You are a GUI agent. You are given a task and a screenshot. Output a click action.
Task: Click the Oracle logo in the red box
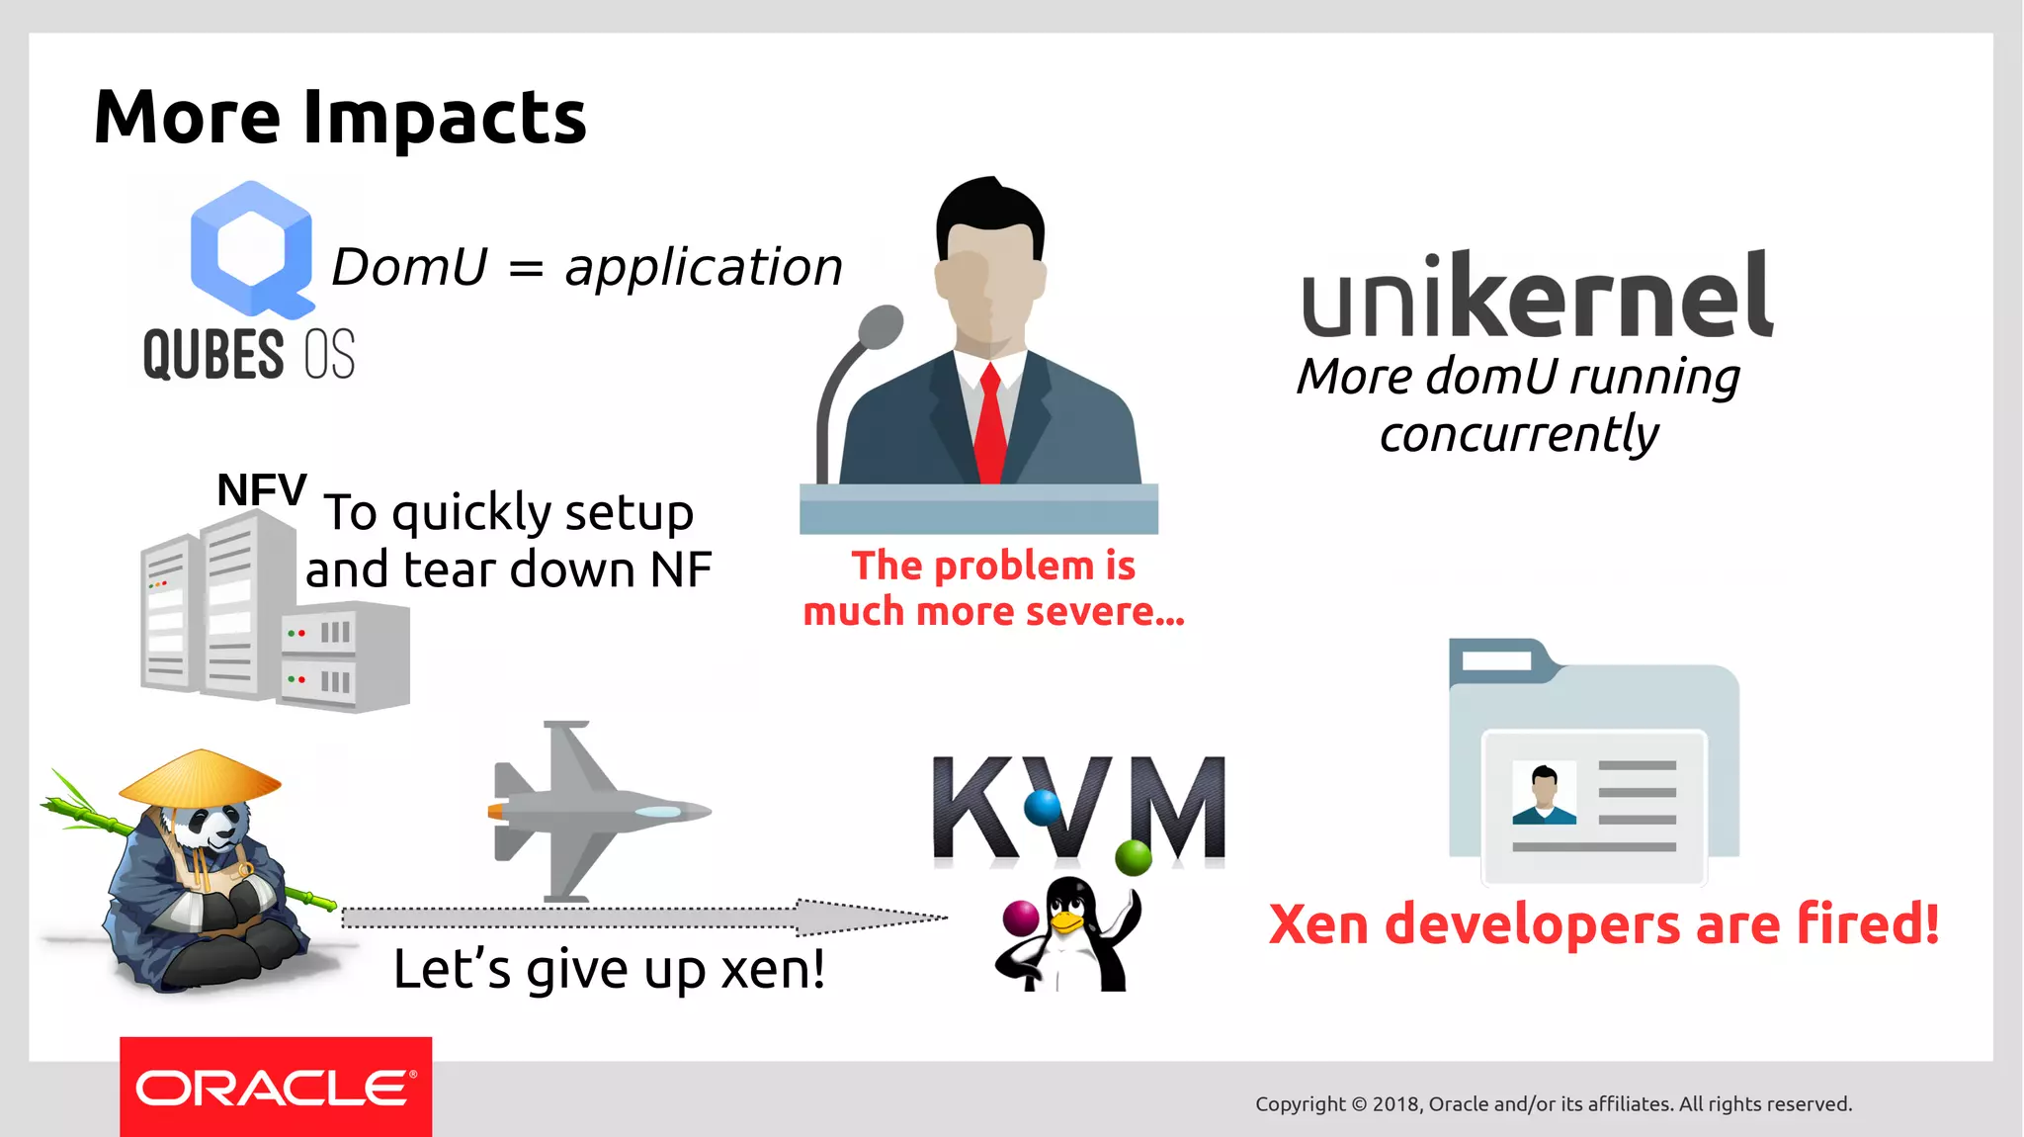275,1088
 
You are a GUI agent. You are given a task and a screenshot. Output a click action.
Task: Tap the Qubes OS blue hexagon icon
252,247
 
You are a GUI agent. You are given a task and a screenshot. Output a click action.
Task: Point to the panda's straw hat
201,777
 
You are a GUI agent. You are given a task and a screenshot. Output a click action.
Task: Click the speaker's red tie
990,425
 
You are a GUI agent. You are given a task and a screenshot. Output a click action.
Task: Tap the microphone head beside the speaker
881,325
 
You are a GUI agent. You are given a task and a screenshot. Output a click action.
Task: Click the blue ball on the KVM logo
1042,807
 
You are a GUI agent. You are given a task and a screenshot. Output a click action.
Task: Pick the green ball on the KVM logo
1133,856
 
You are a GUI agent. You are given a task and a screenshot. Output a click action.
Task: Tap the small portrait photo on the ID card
1544,794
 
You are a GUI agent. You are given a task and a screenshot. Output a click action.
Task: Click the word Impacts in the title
444,118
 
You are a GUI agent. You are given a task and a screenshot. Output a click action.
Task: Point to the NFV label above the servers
262,489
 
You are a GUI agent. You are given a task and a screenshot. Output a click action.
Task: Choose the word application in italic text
704,267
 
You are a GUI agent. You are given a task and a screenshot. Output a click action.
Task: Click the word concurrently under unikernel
1519,434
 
